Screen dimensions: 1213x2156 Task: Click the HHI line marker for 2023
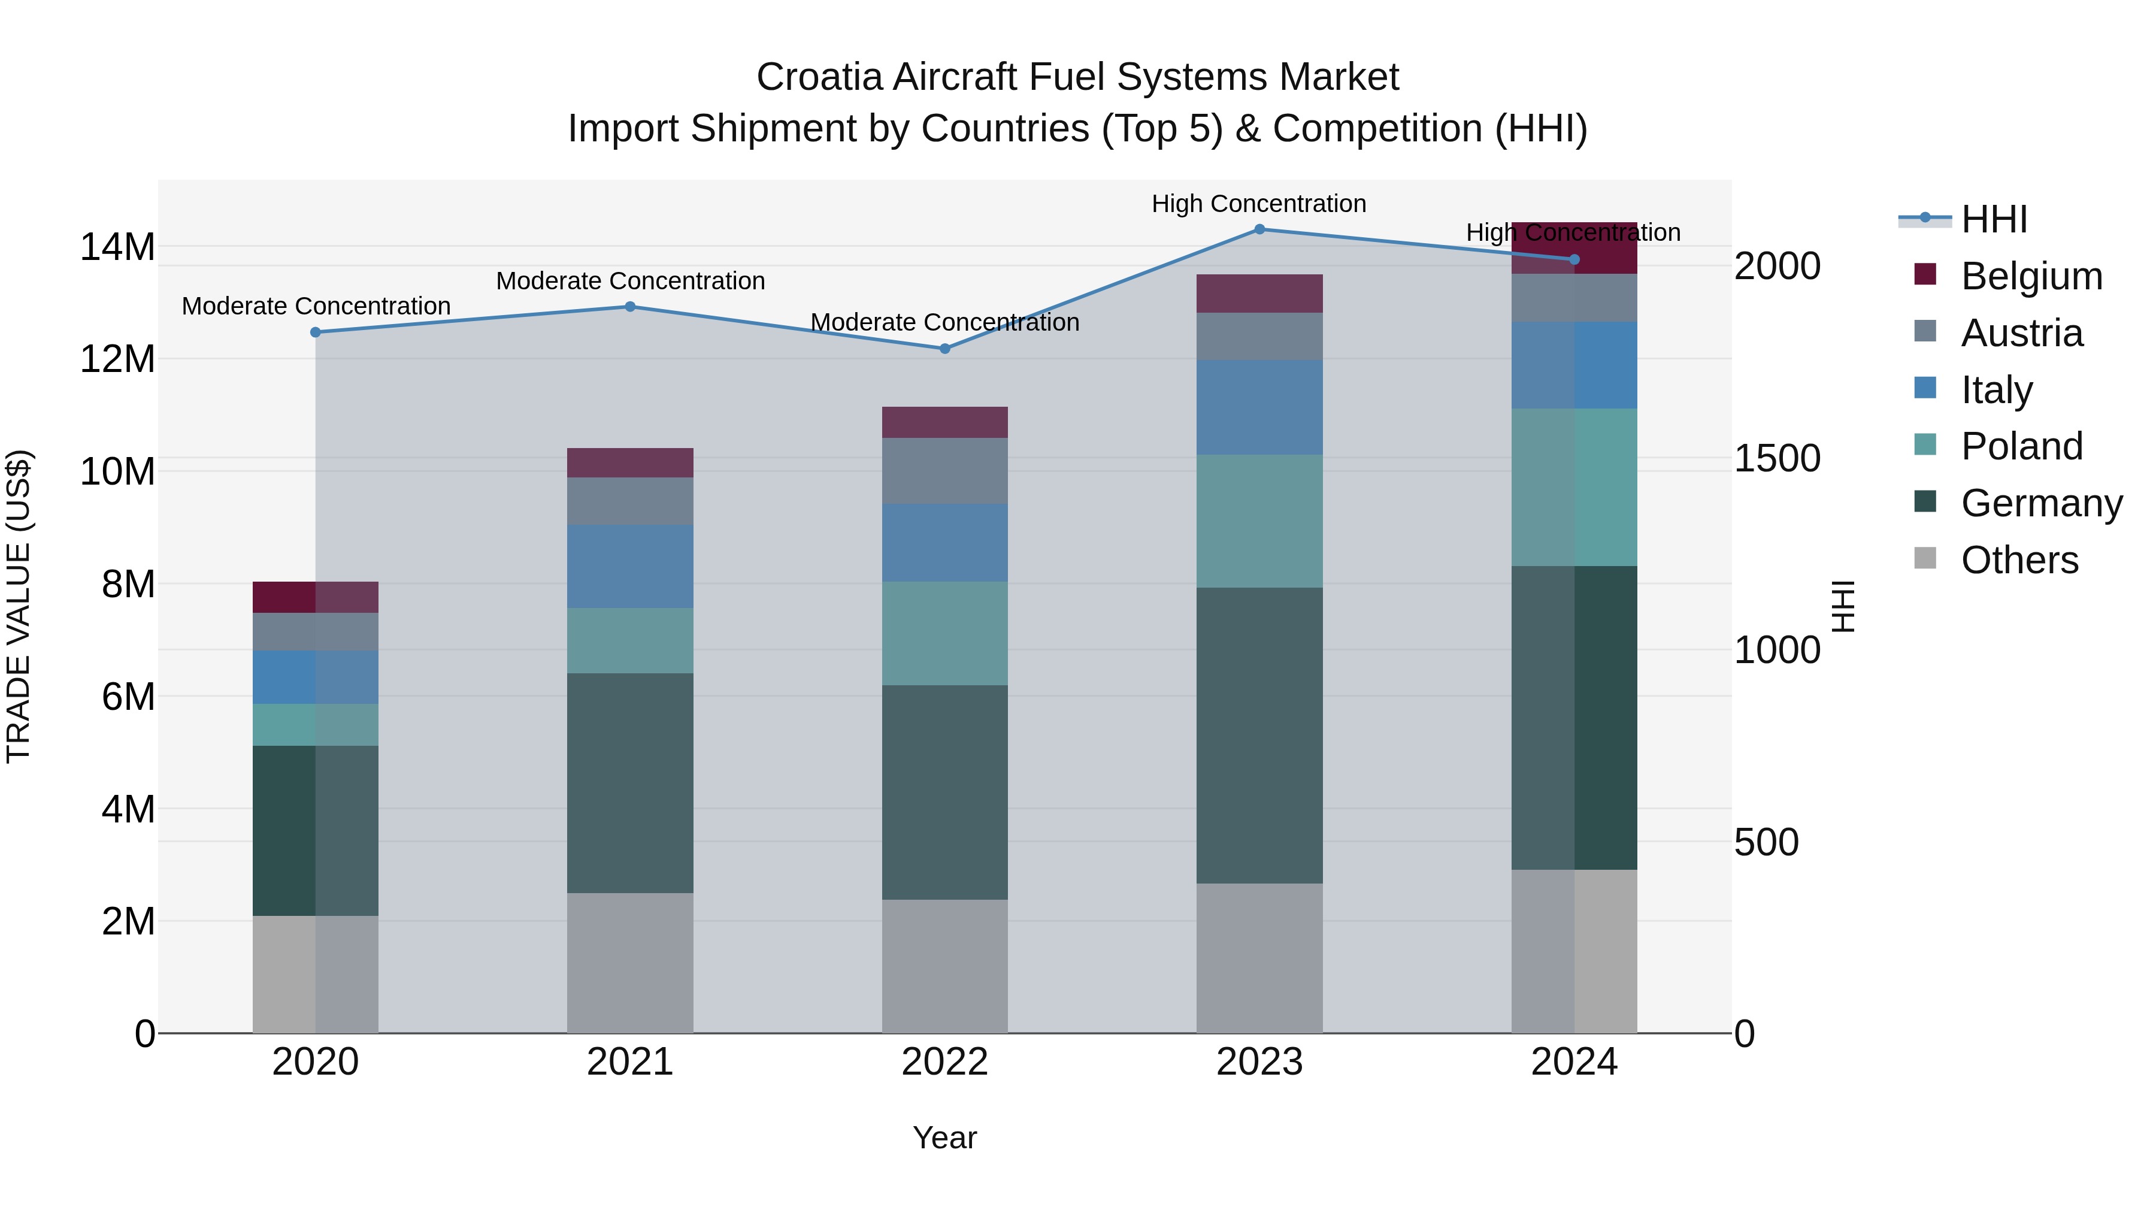click(x=1259, y=229)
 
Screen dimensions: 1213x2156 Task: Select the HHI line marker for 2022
click(x=945, y=348)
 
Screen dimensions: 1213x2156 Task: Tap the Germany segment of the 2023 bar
click(x=1259, y=735)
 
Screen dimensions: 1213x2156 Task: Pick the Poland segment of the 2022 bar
click(x=945, y=633)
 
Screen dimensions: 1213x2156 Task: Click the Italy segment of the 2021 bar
click(x=630, y=566)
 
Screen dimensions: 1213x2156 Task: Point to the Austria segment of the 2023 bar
click(x=1259, y=337)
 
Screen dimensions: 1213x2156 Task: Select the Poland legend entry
click(x=2021, y=446)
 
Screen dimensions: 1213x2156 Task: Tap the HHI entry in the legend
click(x=1994, y=219)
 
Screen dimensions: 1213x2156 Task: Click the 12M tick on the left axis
click(x=117, y=359)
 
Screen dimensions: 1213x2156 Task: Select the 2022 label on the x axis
click(x=945, y=1062)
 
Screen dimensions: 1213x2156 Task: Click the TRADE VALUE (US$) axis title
click(x=19, y=606)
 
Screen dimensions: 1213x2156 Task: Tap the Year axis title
click(x=945, y=1138)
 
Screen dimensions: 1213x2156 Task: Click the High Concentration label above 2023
click(x=1259, y=204)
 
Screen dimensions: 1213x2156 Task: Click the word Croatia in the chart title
click(x=819, y=77)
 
